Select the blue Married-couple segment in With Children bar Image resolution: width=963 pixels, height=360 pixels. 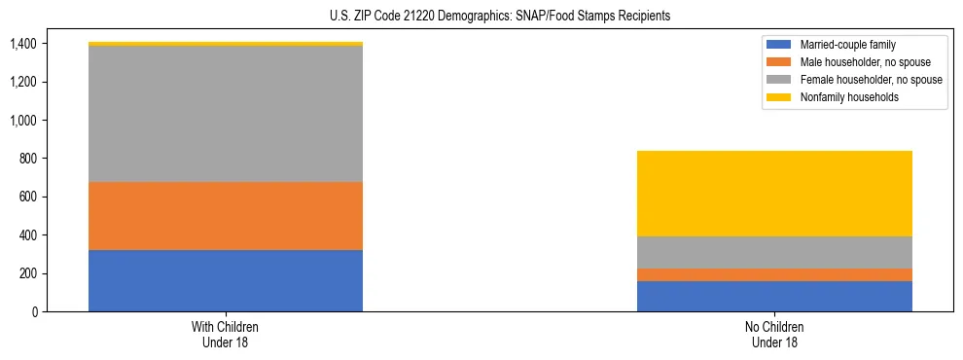(226, 281)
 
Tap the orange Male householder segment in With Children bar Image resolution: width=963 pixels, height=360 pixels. (226, 216)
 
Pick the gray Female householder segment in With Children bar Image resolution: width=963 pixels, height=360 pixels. (226, 114)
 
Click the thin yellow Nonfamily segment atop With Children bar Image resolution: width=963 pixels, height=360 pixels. (226, 44)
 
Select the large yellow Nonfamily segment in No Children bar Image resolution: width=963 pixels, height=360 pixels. (774, 194)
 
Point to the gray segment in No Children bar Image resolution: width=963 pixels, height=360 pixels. (774, 253)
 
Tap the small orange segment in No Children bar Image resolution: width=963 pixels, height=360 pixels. (774, 275)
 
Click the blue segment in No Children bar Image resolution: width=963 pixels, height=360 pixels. (774, 297)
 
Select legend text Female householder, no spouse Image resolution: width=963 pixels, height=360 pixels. (870, 80)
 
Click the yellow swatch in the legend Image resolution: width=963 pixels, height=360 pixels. (779, 97)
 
